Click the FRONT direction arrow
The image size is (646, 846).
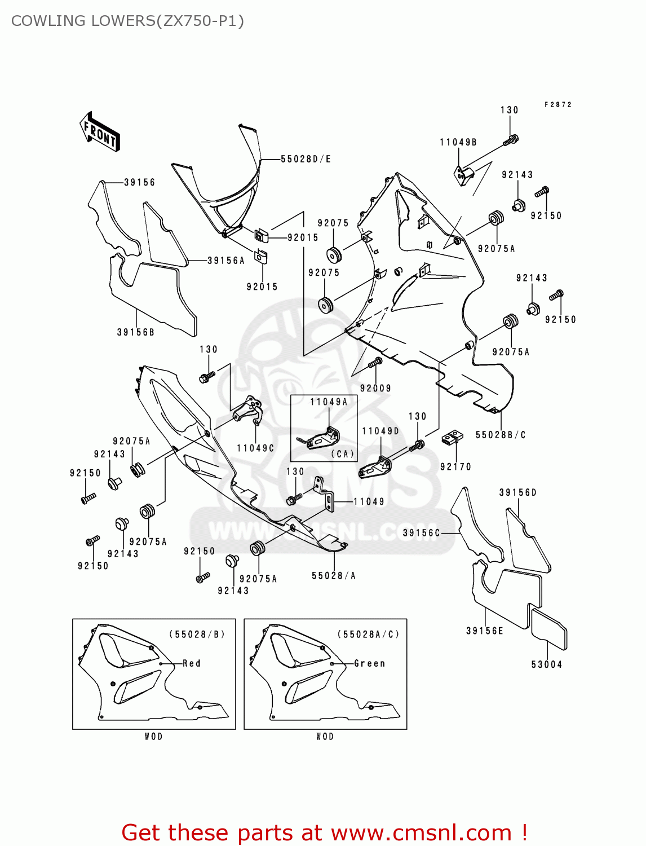click(100, 131)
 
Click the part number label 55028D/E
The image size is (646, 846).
click(306, 159)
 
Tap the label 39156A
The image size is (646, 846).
click(226, 261)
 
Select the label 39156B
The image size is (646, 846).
click(135, 332)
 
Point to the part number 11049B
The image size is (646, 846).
click(458, 142)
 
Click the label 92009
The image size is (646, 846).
click(375, 388)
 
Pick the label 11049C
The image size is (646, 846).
click(255, 448)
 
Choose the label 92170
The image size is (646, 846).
click(455, 466)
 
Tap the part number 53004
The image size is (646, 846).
click(546, 664)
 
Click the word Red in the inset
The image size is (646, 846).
click(192, 663)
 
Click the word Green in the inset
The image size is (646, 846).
click(370, 663)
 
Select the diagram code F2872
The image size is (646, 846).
click(558, 104)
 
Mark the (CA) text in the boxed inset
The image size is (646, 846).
click(342, 453)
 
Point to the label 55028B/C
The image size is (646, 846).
click(501, 435)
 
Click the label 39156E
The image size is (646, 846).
click(485, 631)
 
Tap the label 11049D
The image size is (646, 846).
click(380, 431)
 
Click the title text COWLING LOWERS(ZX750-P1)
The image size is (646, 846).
click(127, 21)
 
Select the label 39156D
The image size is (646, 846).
click(517, 492)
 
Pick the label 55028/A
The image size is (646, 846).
click(334, 576)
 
